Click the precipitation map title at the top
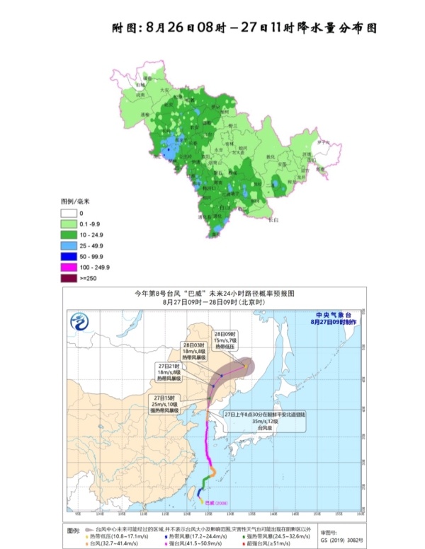[244, 28]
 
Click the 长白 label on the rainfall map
[272, 220]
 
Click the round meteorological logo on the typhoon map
[79, 323]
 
